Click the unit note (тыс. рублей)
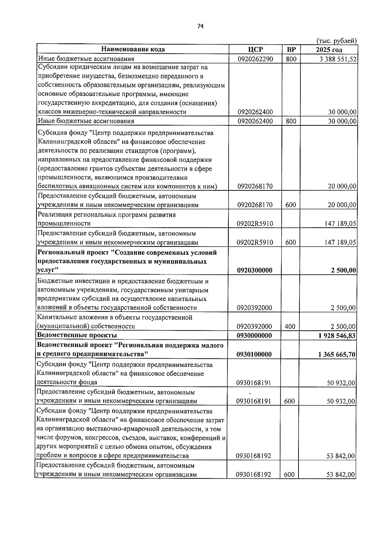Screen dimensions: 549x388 click(336, 41)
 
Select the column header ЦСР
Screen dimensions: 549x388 click(255, 49)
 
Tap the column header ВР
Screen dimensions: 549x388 click(291, 49)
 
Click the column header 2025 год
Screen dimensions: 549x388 click(329, 49)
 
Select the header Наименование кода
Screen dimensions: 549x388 click(133, 49)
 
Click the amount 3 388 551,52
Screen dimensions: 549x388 click(337, 59)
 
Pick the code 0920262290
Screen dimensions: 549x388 click(255, 59)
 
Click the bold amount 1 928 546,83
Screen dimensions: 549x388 click(337, 336)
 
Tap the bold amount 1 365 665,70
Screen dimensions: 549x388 click(337, 355)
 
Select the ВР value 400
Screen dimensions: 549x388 click(290, 327)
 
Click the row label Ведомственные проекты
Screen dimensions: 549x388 click(77, 335)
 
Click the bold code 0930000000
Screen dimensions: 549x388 click(254, 336)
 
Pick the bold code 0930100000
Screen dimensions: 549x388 click(254, 355)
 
